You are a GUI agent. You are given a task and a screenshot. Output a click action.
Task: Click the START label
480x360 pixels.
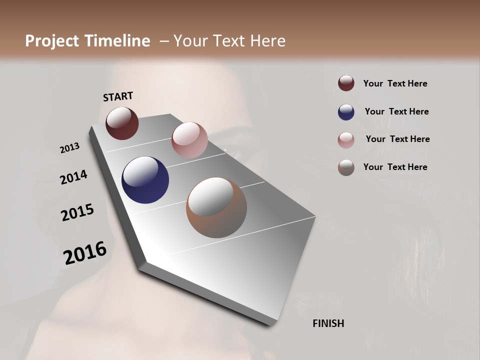tap(118, 96)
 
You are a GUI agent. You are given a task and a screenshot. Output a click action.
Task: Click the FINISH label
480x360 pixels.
tap(328, 323)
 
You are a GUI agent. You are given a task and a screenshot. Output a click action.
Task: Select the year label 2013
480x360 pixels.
tap(69, 148)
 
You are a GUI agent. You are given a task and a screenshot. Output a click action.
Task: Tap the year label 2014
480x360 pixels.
tap(73, 177)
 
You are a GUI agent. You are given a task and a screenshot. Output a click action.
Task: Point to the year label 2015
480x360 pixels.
tap(77, 212)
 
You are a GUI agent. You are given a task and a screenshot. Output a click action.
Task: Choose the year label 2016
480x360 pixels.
tap(85, 253)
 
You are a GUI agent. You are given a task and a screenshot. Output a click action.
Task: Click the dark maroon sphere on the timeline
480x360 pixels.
tap(122, 123)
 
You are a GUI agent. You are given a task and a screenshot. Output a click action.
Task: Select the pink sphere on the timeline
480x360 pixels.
tap(189, 139)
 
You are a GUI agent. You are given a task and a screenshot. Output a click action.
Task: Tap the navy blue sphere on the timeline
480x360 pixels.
tap(145, 180)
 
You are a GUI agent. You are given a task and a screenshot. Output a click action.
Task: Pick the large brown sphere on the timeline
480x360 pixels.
tap(216, 207)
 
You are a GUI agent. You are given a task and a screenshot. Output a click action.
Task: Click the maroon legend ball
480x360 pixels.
tap(346, 83)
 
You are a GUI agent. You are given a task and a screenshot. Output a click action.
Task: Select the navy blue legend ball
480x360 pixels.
tap(346, 111)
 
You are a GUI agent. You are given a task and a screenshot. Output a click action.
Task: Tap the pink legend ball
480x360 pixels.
tap(346, 139)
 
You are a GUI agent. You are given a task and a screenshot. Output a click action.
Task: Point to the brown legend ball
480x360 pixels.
tap(346, 167)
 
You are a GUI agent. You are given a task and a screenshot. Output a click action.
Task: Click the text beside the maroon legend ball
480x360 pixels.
tap(395, 83)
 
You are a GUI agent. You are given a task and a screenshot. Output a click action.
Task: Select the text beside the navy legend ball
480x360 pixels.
tap(396, 111)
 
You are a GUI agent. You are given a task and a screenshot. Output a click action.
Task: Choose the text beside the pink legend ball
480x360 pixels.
tap(397, 139)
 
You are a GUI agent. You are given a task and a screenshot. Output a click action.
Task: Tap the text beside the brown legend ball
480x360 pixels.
tap(395, 167)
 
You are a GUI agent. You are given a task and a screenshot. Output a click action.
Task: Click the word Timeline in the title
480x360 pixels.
tap(118, 41)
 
